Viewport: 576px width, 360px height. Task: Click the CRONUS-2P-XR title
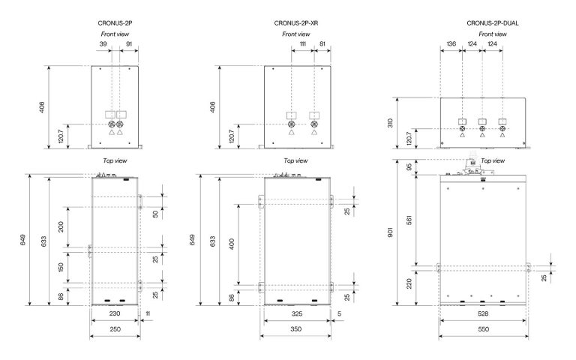[x=296, y=23]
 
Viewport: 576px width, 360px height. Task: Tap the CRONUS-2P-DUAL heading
[x=493, y=23]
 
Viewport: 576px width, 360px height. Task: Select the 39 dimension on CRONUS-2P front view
[x=103, y=43]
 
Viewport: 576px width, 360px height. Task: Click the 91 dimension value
[x=129, y=43]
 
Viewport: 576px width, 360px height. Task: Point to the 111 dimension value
[x=303, y=43]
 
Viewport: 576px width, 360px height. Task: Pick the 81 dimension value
[x=322, y=43]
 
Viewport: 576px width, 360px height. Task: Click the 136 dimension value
[x=451, y=43]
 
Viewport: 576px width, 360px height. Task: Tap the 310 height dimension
[x=390, y=123]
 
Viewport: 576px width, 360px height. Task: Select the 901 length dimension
[x=390, y=232]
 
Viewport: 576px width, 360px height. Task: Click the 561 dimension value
[x=409, y=220]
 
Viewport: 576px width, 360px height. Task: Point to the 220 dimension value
[x=409, y=283]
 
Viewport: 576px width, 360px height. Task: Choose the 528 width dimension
[x=483, y=313]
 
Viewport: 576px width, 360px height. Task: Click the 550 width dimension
[x=484, y=329]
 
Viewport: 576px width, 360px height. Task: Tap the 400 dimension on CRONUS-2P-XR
[x=232, y=244]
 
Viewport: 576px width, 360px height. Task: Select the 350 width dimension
[x=296, y=329]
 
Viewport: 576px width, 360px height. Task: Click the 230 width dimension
[x=115, y=313]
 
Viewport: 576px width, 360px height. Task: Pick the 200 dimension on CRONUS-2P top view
[x=61, y=226]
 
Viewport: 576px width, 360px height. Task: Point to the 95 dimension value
[x=409, y=167]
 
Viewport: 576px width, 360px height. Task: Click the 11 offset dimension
[x=148, y=313]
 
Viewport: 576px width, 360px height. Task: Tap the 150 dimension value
[x=61, y=267]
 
